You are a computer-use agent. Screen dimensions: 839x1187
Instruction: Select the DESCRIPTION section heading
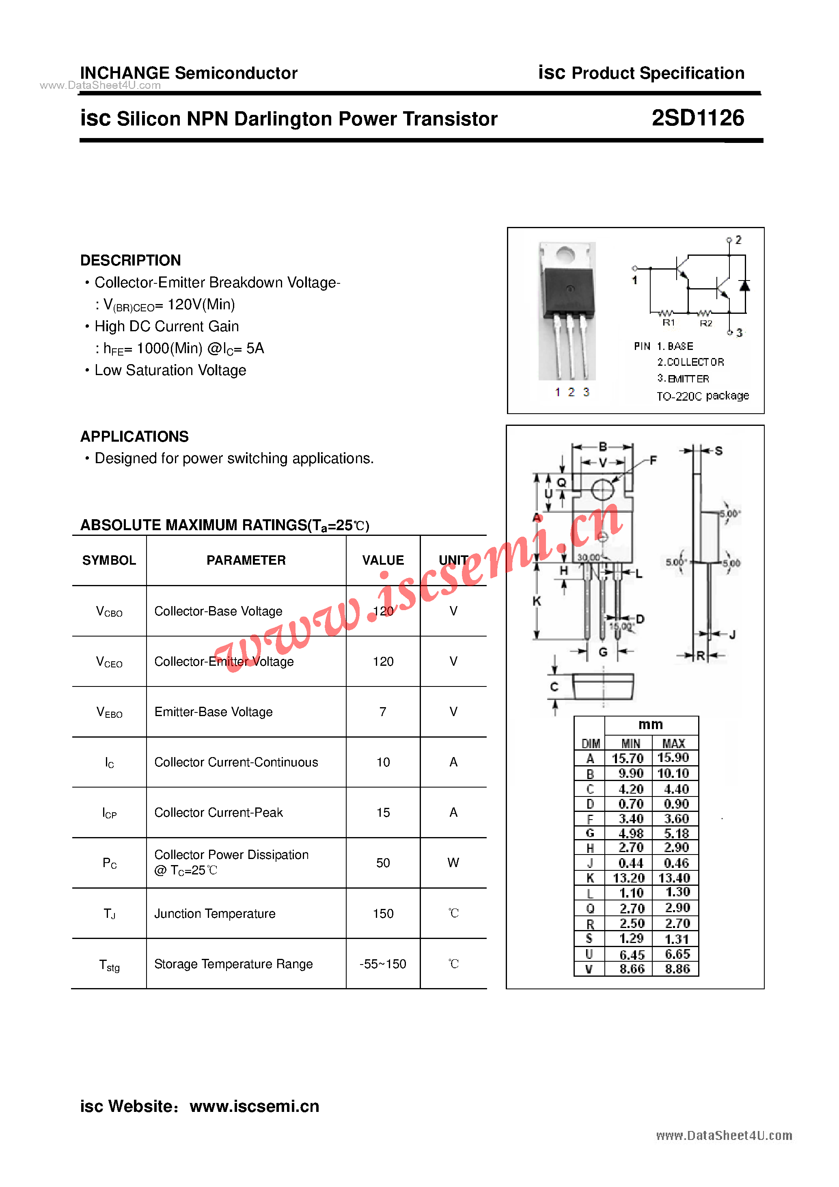click(130, 260)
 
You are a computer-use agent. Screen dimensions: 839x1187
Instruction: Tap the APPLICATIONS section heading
click(134, 436)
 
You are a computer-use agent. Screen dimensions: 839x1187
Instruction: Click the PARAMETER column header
click(246, 560)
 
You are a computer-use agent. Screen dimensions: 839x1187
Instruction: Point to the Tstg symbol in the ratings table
click(109, 965)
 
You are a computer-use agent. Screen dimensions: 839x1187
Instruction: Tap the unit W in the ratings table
click(453, 863)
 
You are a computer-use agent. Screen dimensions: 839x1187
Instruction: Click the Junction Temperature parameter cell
click(215, 913)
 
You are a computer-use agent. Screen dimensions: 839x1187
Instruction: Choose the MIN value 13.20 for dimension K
click(629, 878)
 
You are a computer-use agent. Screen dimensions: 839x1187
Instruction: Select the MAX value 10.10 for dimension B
click(673, 773)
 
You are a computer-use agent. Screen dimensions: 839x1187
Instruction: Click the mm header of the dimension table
click(650, 724)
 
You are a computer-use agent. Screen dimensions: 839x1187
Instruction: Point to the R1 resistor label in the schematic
click(669, 323)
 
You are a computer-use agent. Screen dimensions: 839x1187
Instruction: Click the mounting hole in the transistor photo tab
click(565, 255)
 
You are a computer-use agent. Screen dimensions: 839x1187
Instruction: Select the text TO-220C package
click(702, 396)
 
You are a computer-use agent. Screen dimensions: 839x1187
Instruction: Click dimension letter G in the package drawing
click(603, 652)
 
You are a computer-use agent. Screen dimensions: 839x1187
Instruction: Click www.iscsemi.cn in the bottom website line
click(255, 1106)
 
